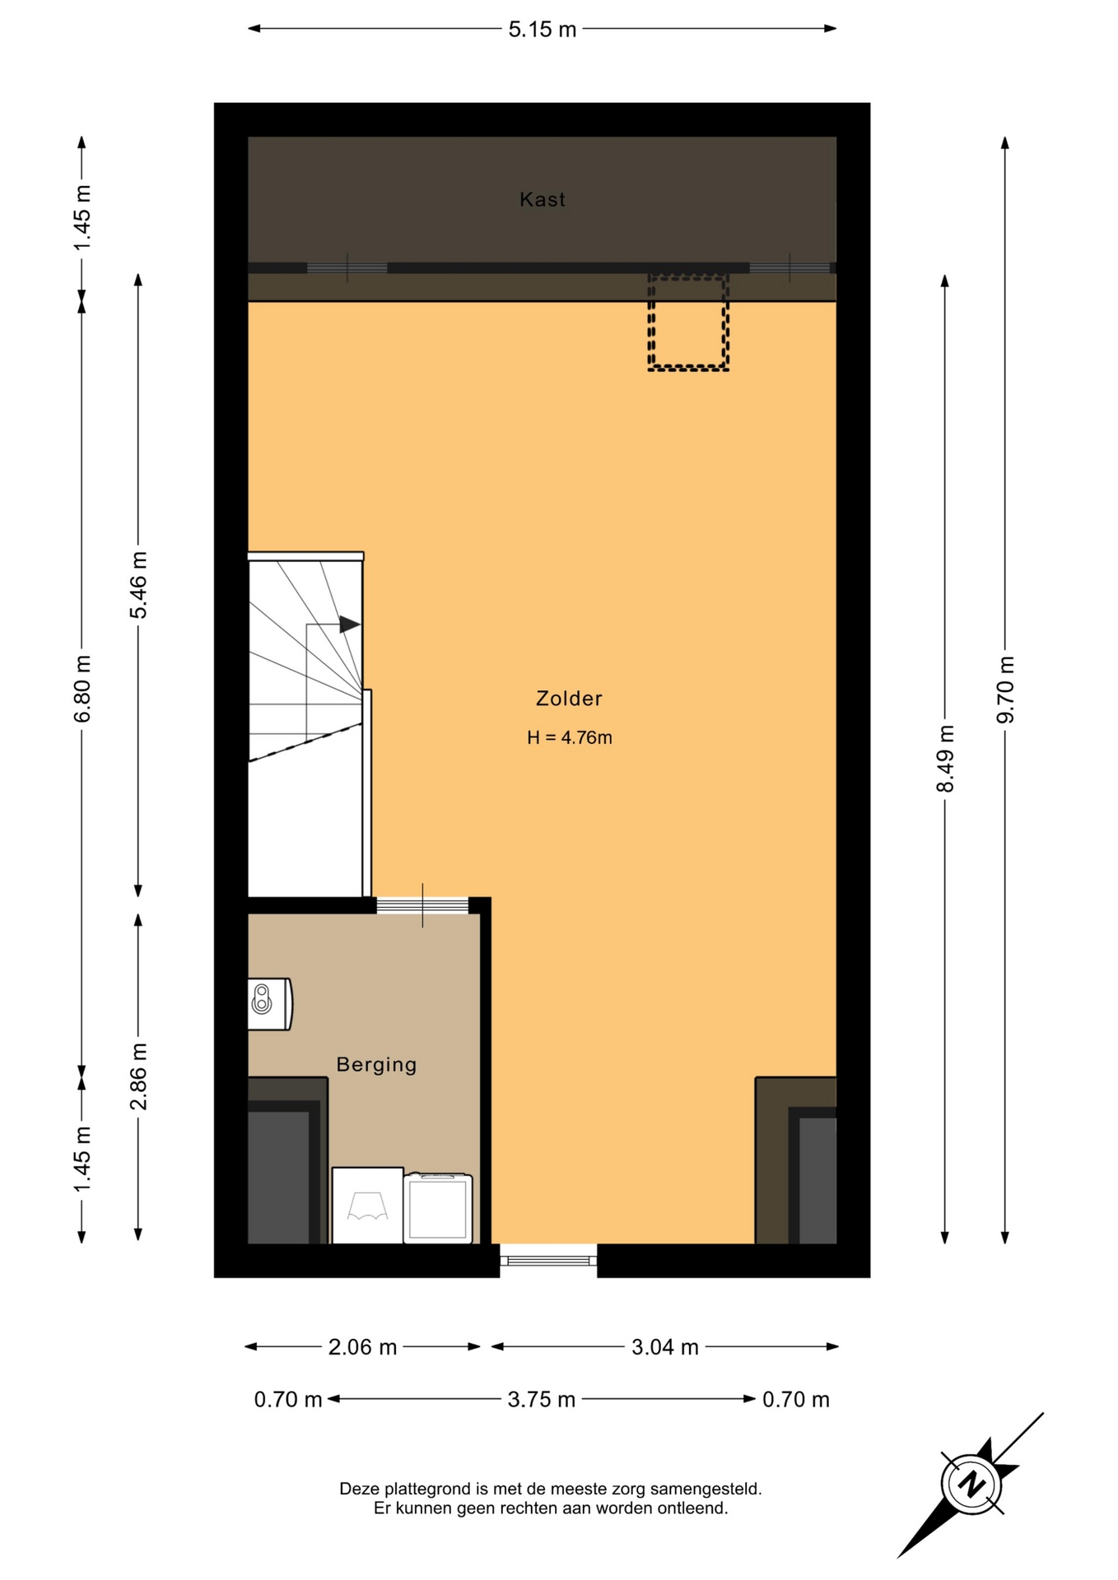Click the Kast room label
(542, 199)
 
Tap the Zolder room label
(569, 699)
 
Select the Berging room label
(376, 1065)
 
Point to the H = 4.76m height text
(570, 737)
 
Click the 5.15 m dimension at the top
(542, 30)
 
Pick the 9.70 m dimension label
(1005, 690)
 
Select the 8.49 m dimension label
(945, 759)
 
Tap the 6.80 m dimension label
(82, 689)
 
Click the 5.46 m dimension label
(138, 585)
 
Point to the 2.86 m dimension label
(138, 1076)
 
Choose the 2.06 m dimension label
(362, 1347)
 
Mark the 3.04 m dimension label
(664, 1347)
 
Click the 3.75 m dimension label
(541, 1399)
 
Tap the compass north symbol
(972, 1485)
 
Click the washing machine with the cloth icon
(367, 1205)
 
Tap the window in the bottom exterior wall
(548, 1260)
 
